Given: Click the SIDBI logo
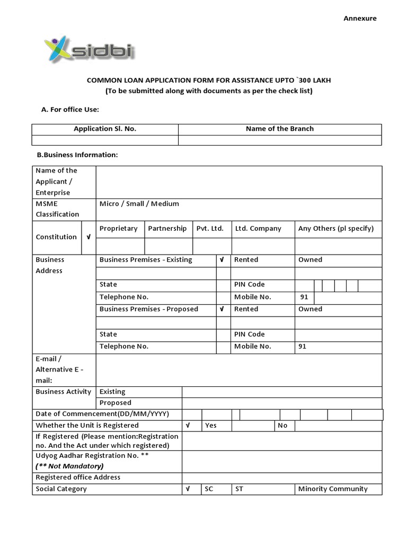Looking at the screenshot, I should pos(88,50).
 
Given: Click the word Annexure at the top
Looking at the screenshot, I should pos(360,18).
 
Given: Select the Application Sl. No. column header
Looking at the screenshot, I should pos(105,129).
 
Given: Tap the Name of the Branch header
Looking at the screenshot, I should pos(279,129).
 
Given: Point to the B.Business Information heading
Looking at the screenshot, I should pos(77,155).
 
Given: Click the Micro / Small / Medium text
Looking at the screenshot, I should pos(139,204).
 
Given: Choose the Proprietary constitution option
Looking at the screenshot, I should pos(119,229).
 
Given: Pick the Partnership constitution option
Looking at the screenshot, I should pos(167,229).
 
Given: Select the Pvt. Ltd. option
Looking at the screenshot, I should pos(210,229).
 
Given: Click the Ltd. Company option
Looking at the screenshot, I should pos(258,229).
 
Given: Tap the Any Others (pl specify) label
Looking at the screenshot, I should pos(336,229).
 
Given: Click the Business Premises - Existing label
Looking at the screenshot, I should pos(146,260).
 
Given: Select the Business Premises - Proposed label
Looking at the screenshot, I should pos(149,309).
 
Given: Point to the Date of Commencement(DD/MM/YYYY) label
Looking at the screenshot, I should pos(102,414).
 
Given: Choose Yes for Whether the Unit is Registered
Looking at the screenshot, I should pos(211,426).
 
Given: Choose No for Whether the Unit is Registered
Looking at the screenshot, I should pos(282,426).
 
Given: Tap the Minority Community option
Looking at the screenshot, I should pos(333,489).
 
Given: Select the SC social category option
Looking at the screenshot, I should pos(209,489).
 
